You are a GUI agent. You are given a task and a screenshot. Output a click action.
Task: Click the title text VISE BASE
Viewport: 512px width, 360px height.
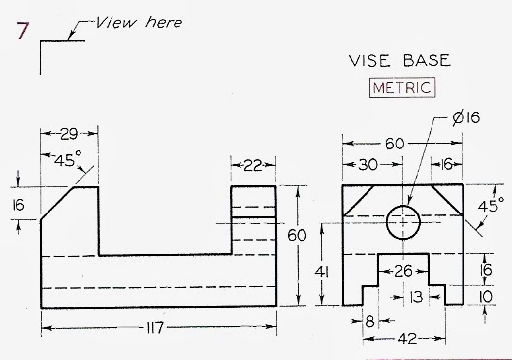pyautogui.click(x=400, y=60)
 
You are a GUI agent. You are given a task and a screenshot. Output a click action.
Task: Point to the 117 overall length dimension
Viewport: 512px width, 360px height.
pyautogui.click(x=158, y=330)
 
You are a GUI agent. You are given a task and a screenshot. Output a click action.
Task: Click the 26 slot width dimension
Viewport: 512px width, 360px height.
pyautogui.click(x=401, y=271)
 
